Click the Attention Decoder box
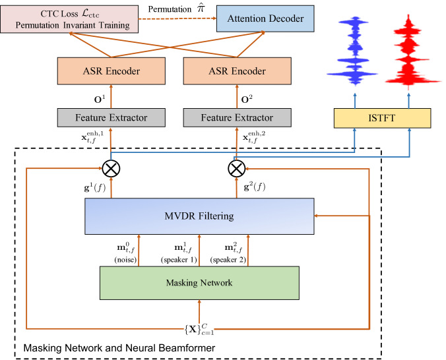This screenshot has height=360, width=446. (265, 18)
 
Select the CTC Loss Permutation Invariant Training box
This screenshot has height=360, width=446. (69, 19)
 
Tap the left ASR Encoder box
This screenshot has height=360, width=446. (111, 71)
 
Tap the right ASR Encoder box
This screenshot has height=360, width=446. (238, 71)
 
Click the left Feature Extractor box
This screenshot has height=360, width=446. (111, 117)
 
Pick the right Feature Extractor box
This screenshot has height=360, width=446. (238, 117)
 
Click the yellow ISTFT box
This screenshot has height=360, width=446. (382, 118)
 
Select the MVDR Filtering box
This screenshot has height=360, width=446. (199, 216)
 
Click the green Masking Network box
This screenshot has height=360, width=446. (199, 283)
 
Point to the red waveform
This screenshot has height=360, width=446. (409, 53)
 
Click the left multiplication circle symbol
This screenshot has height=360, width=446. (111, 169)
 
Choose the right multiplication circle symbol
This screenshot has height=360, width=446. (237, 169)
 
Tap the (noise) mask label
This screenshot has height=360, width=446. (125, 260)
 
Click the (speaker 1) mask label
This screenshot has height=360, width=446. (179, 260)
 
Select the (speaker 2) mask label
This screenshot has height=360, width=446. (228, 260)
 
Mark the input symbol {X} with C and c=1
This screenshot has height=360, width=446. (199, 329)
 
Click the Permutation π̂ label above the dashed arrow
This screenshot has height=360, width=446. (176, 9)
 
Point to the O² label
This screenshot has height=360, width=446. (247, 100)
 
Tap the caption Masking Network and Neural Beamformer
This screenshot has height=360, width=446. (119, 347)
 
